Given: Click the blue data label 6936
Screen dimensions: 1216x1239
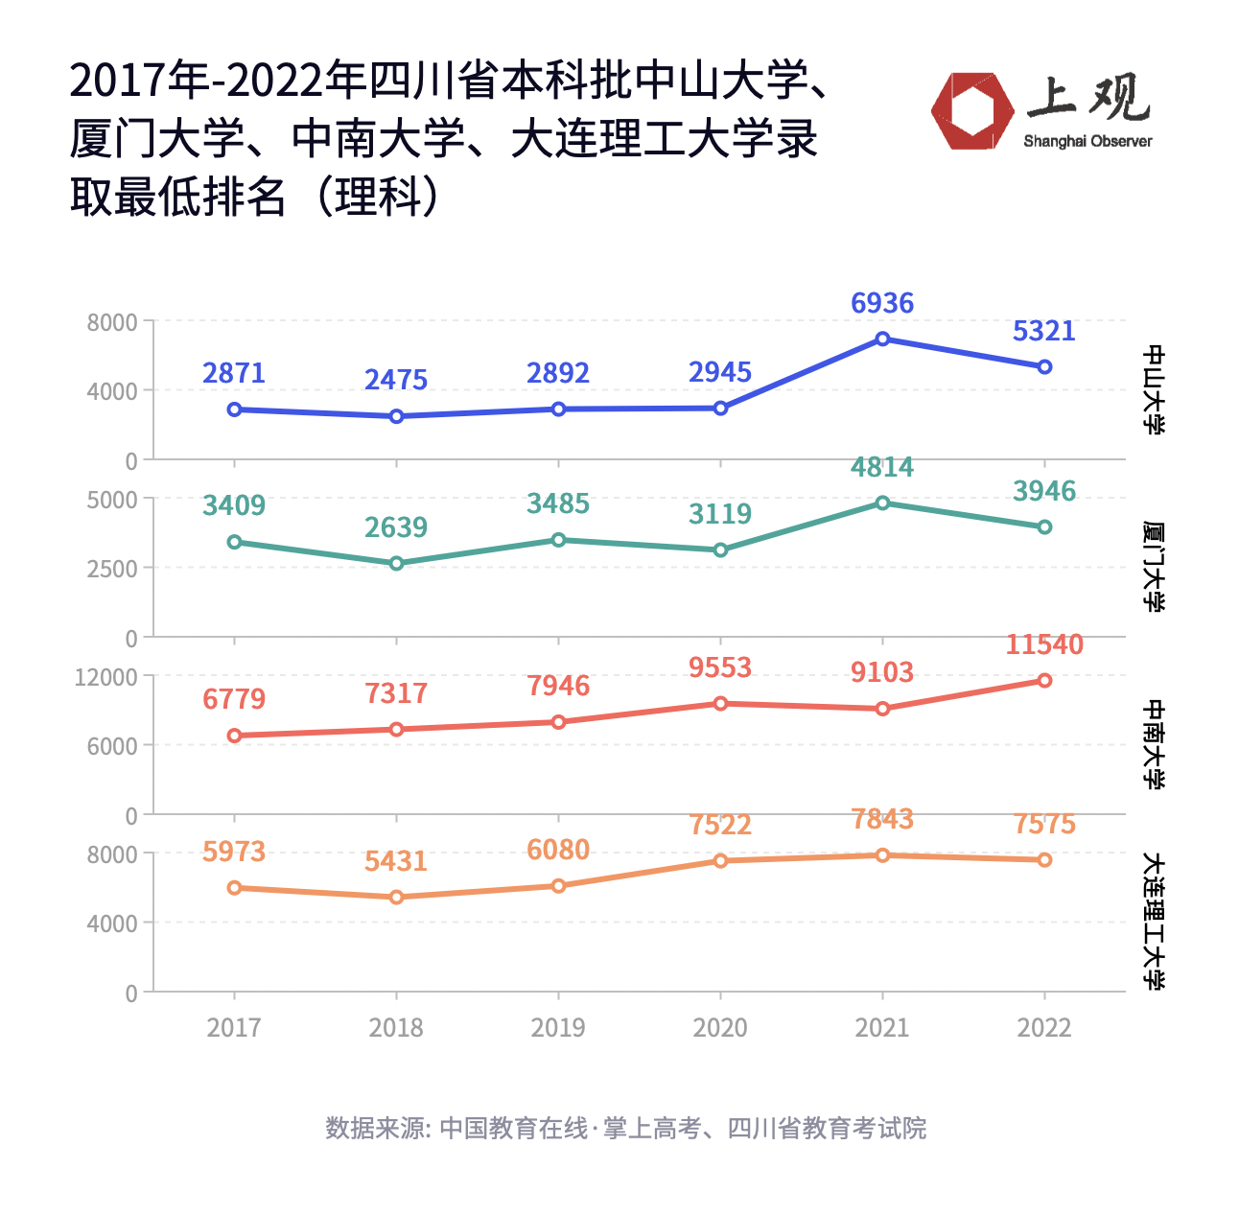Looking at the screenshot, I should [x=882, y=303].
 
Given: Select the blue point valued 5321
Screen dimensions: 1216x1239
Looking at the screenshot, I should [x=1044, y=367].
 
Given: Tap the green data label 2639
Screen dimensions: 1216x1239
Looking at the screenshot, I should [x=396, y=527].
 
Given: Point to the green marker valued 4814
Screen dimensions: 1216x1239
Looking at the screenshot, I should [x=882, y=503].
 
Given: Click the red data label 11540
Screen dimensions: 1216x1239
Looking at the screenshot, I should [x=1044, y=644].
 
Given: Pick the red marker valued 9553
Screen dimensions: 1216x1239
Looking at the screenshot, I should [x=720, y=704].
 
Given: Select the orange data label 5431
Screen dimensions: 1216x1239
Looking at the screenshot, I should [x=396, y=861].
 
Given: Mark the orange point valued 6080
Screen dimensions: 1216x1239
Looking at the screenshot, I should [x=558, y=886].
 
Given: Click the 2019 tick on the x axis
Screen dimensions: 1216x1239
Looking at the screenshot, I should [x=558, y=1028].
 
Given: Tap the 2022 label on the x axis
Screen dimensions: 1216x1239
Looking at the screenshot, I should [x=1044, y=1028].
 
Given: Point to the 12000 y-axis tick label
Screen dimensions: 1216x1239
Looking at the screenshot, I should [x=106, y=677].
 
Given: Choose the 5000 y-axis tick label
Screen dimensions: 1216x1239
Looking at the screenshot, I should [x=112, y=500].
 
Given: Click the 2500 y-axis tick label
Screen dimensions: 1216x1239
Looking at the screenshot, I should [x=112, y=569].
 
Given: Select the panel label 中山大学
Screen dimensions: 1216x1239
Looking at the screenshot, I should [x=1154, y=389].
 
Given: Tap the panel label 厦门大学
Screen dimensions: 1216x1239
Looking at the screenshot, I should [x=1154, y=567].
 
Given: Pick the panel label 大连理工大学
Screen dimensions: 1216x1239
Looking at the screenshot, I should [x=1154, y=922].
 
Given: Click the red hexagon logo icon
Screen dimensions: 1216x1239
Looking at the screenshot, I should [x=972, y=111].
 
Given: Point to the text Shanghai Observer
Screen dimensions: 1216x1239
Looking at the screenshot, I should [x=1087, y=141].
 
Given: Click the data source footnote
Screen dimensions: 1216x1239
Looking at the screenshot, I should [x=625, y=1128].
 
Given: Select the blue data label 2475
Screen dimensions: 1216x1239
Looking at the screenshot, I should [x=396, y=380].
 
